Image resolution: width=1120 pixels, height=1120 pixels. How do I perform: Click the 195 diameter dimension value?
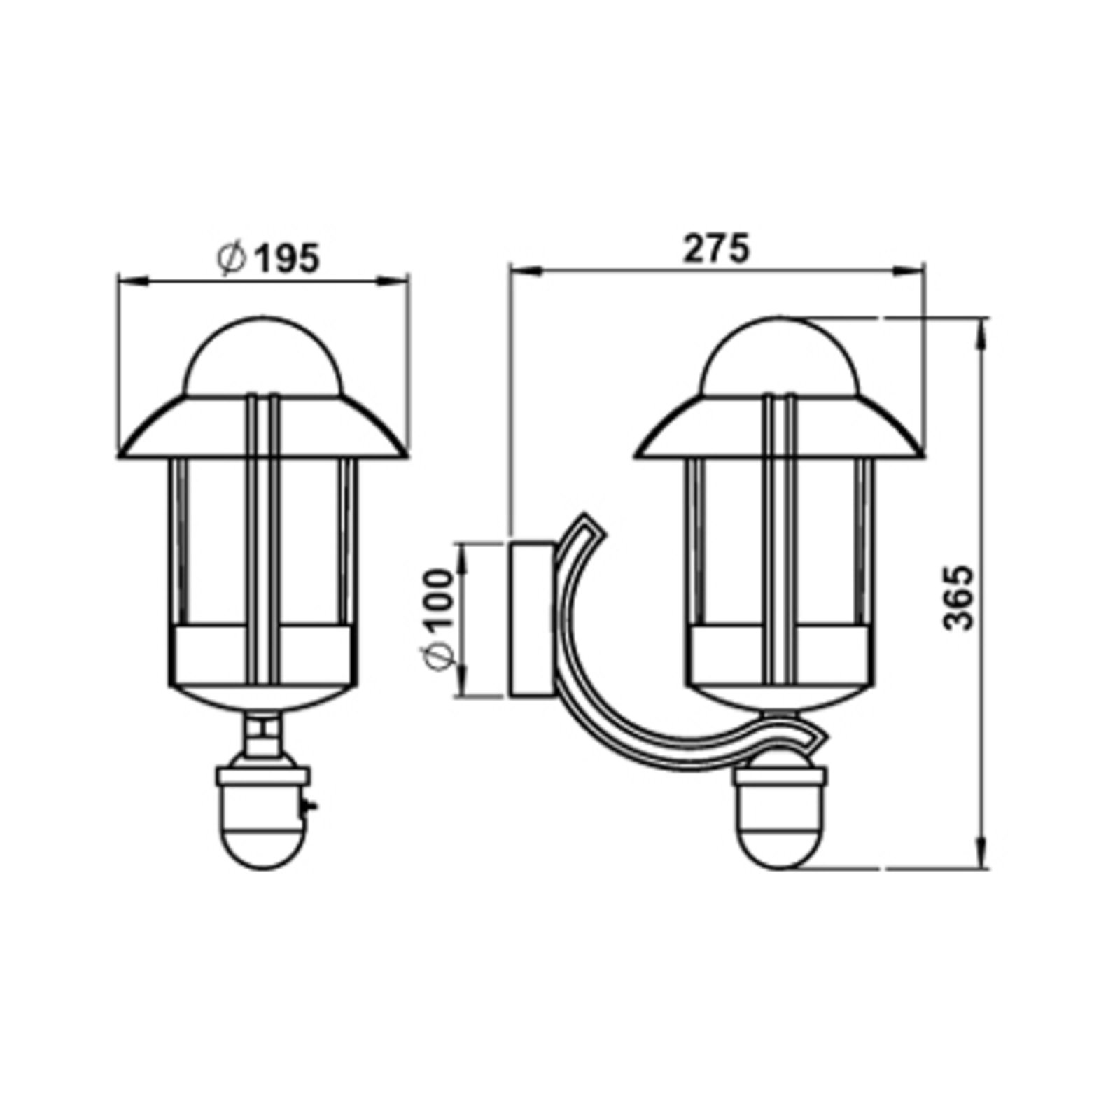click(285, 258)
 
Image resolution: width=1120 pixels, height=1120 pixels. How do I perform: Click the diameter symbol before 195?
click(232, 258)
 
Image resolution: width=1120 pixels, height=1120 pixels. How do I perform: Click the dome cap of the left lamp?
click(263, 358)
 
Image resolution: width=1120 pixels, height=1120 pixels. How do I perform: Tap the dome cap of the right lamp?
click(780, 358)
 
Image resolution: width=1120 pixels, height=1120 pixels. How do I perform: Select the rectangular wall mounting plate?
click(532, 619)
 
